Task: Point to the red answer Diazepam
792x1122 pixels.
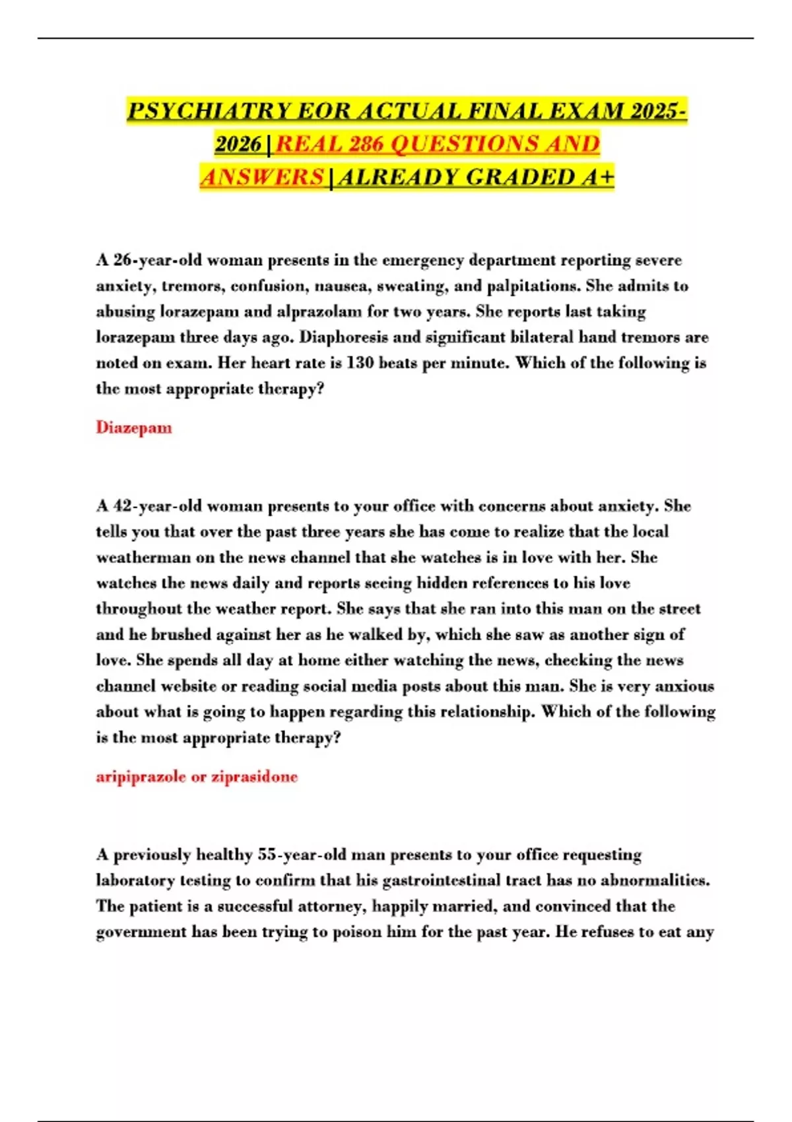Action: coord(134,428)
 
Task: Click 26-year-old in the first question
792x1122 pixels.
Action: coord(158,260)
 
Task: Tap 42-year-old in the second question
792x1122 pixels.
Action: coord(158,506)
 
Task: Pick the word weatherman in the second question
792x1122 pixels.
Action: coord(143,558)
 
